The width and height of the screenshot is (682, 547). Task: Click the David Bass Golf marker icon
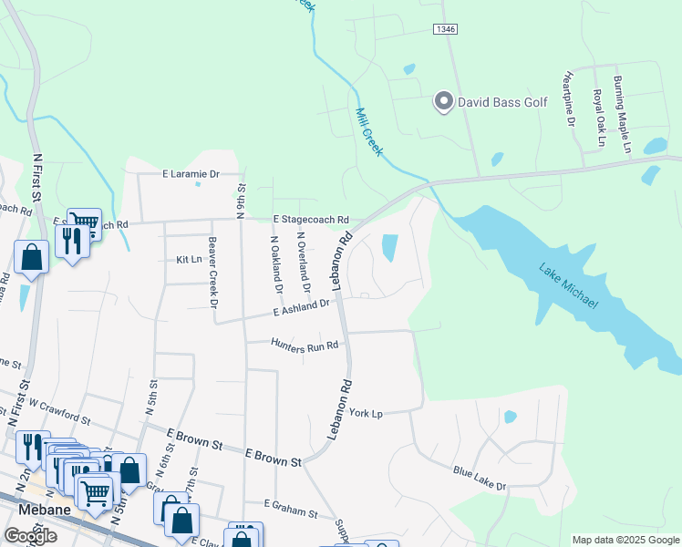[443, 101]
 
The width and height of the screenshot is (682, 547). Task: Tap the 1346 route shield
[445, 30]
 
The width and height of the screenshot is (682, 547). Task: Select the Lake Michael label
[567, 285]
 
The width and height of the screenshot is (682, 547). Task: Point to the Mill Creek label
[367, 132]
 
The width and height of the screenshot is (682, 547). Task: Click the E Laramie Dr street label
[191, 173]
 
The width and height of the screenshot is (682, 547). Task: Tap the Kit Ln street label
[188, 260]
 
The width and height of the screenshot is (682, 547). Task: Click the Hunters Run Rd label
[305, 344]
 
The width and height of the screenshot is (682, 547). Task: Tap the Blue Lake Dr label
[479, 479]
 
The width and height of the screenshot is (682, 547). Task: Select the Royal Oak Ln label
[598, 119]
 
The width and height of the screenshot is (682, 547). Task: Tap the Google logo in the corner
[30, 535]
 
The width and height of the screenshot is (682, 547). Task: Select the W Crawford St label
[58, 411]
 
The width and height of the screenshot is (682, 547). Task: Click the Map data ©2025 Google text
[625, 540]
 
